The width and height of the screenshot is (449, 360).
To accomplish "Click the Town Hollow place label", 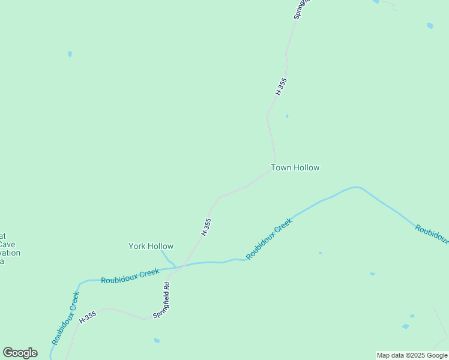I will (x=295, y=168).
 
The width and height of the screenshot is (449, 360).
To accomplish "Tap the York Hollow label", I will (x=151, y=246).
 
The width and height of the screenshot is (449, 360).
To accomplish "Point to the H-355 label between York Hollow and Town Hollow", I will (x=206, y=226).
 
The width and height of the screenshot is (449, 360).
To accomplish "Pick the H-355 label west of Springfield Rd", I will (x=88, y=317).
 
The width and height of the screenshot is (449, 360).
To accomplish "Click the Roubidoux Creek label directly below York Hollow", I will (x=130, y=276).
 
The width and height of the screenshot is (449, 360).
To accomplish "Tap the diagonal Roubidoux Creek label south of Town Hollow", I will (x=269, y=238).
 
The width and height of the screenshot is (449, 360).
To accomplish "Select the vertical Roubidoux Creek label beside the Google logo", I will (x=65, y=318).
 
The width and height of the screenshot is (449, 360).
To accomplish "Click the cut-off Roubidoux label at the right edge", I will (x=432, y=234).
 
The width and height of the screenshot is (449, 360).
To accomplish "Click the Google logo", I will (x=20, y=353).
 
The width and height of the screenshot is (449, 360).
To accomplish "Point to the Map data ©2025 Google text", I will (x=412, y=356).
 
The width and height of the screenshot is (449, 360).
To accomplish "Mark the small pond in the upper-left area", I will (x=70, y=54).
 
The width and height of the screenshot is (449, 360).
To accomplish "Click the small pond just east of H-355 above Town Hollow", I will (x=287, y=116).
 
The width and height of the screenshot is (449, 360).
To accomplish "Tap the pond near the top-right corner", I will (x=430, y=26).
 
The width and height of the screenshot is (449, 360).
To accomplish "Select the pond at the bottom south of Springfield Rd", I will (x=157, y=340).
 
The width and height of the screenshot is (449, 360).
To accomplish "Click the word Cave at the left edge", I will (x=7, y=244).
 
